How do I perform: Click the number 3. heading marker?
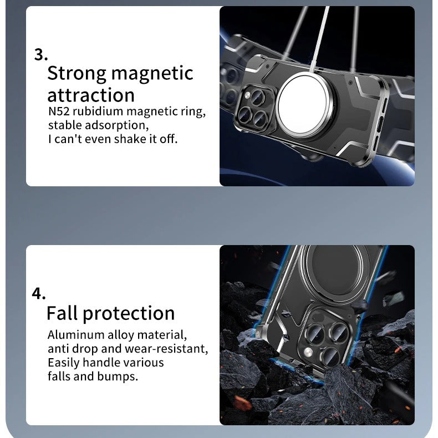pyautogui.click(x=41, y=54)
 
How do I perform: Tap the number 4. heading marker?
pyautogui.click(x=39, y=294)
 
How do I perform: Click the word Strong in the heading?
pyautogui.click(x=77, y=74)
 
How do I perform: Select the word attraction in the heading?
pyautogui.click(x=91, y=95)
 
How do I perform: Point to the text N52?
pyautogui.click(x=59, y=111)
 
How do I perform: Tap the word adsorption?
pyautogui.click(x=117, y=125)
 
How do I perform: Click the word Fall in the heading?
pyautogui.click(x=62, y=313)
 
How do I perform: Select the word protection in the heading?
pyautogui.click(x=129, y=314)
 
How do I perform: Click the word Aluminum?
pyautogui.click(x=76, y=335)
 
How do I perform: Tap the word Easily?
pyautogui.click(x=64, y=363)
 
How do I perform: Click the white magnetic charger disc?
pyautogui.click(x=303, y=104)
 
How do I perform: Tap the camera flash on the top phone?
pyautogui.click(x=247, y=96)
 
